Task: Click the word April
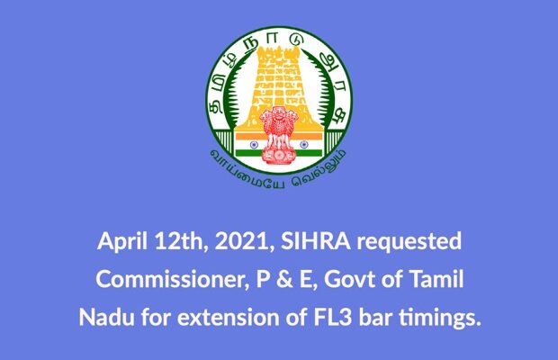pyautogui.click(x=122, y=242)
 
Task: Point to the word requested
pyautogui.click(x=409, y=242)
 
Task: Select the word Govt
pyautogui.click(x=349, y=280)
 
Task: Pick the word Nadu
pyautogui.click(x=107, y=317)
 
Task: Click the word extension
pyautogui.click(x=228, y=318)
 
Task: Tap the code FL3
pyautogui.click(x=332, y=318)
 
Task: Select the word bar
pyautogui.click(x=375, y=317)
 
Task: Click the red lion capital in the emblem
pyautogui.click(x=279, y=135)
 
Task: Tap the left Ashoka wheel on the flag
pyautogui.click(x=254, y=145)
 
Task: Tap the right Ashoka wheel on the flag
pyautogui.click(x=303, y=145)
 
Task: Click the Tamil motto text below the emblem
pyautogui.click(x=278, y=173)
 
